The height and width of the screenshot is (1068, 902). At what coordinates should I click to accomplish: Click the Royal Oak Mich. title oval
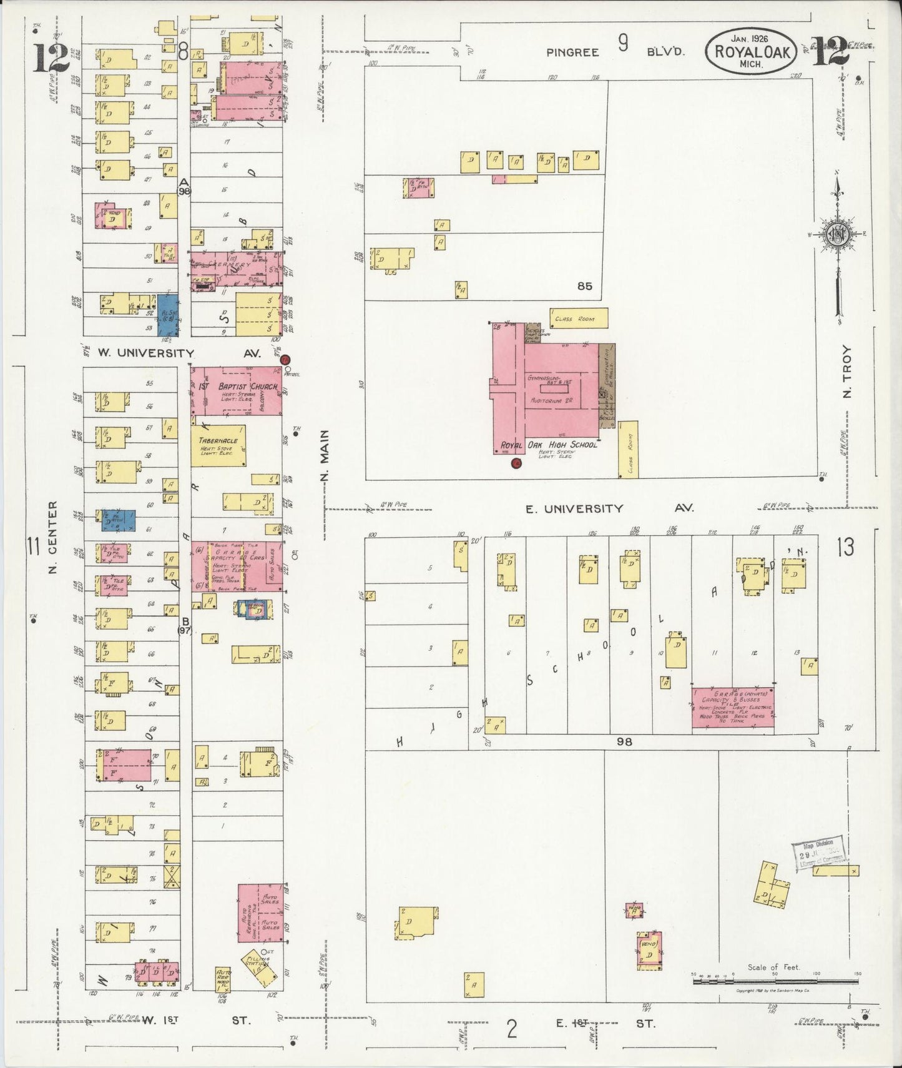(751, 51)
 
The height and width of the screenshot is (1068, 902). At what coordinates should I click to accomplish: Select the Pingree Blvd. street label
(615, 52)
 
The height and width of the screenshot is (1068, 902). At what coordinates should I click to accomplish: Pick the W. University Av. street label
(179, 354)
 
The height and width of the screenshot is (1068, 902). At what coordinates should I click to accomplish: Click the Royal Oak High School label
(549, 445)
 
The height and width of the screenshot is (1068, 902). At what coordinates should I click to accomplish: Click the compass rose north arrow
(836, 234)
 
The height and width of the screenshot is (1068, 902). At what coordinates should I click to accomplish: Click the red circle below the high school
(516, 463)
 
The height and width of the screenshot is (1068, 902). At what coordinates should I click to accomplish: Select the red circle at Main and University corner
(285, 360)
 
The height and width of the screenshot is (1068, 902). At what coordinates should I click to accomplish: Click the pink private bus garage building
(733, 708)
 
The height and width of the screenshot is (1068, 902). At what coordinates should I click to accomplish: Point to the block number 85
(584, 287)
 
